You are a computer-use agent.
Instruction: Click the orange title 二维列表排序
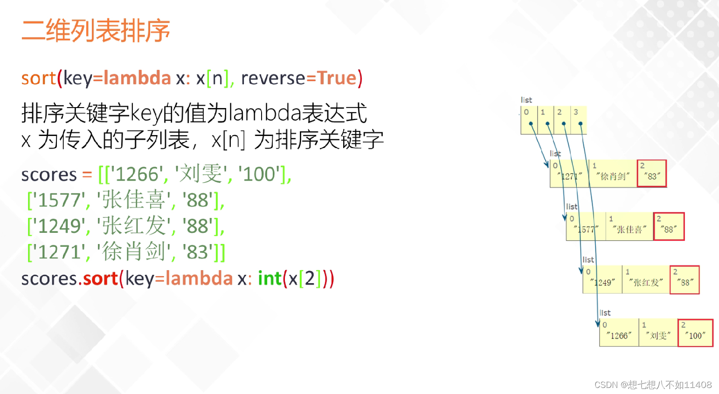[96, 31]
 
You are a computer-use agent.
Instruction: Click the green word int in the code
[270, 279]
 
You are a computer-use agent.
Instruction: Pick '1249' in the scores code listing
[59, 226]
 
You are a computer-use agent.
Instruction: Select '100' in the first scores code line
[259, 175]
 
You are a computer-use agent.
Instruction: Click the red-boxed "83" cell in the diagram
[652, 173]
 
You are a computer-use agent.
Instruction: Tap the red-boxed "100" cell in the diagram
[695, 333]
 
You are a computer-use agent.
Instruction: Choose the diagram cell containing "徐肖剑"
[613, 173]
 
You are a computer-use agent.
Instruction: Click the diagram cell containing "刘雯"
[658, 333]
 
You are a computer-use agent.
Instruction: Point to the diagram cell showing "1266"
[619, 333]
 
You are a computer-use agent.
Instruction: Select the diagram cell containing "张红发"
[646, 279]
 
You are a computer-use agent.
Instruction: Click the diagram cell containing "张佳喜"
[629, 226]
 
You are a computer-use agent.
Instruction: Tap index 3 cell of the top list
[579, 120]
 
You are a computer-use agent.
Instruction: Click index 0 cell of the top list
[529, 120]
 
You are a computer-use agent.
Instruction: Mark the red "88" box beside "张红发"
[684, 279]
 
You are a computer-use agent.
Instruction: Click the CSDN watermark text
[653, 385]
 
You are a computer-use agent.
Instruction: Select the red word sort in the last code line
[100, 279]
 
